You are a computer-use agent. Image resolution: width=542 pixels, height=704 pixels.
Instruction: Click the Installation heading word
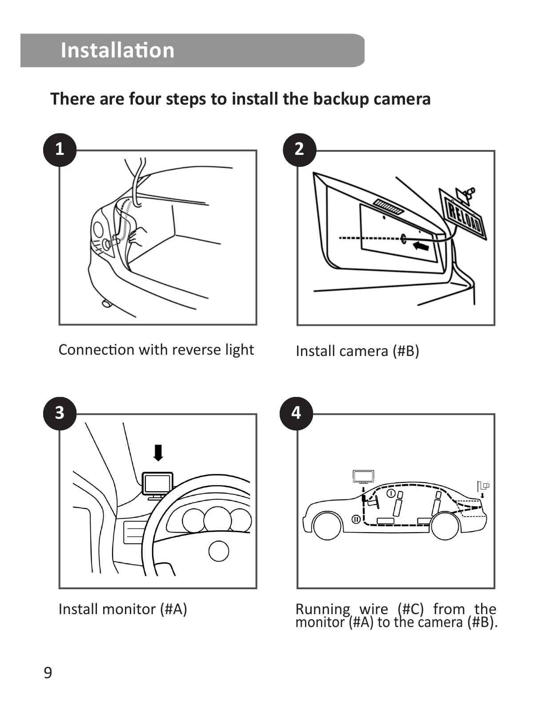click(117, 50)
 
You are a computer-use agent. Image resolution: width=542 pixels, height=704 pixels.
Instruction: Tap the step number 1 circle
click(60, 149)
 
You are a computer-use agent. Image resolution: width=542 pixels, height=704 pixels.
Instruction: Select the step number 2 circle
click(299, 149)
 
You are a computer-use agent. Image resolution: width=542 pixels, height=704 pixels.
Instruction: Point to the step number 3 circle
click(60, 413)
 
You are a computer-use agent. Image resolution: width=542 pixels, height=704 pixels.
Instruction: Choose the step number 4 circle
click(296, 413)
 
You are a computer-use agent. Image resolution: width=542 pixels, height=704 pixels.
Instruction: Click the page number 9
click(48, 672)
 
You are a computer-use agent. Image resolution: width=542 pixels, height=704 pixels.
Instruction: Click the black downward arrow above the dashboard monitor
click(158, 453)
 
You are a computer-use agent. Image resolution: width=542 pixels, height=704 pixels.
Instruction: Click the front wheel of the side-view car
click(328, 526)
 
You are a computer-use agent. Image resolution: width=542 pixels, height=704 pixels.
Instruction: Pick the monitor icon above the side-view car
click(363, 477)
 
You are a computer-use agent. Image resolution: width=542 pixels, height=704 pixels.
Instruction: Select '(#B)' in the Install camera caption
click(405, 351)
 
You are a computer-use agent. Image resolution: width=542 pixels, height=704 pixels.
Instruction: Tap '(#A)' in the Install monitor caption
click(173, 609)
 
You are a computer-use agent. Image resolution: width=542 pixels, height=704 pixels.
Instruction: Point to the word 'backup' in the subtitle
click(341, 99)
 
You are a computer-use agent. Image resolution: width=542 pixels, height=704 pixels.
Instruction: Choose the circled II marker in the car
click(356, 519)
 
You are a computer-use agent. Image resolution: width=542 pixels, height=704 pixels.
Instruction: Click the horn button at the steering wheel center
click(219, 551)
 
